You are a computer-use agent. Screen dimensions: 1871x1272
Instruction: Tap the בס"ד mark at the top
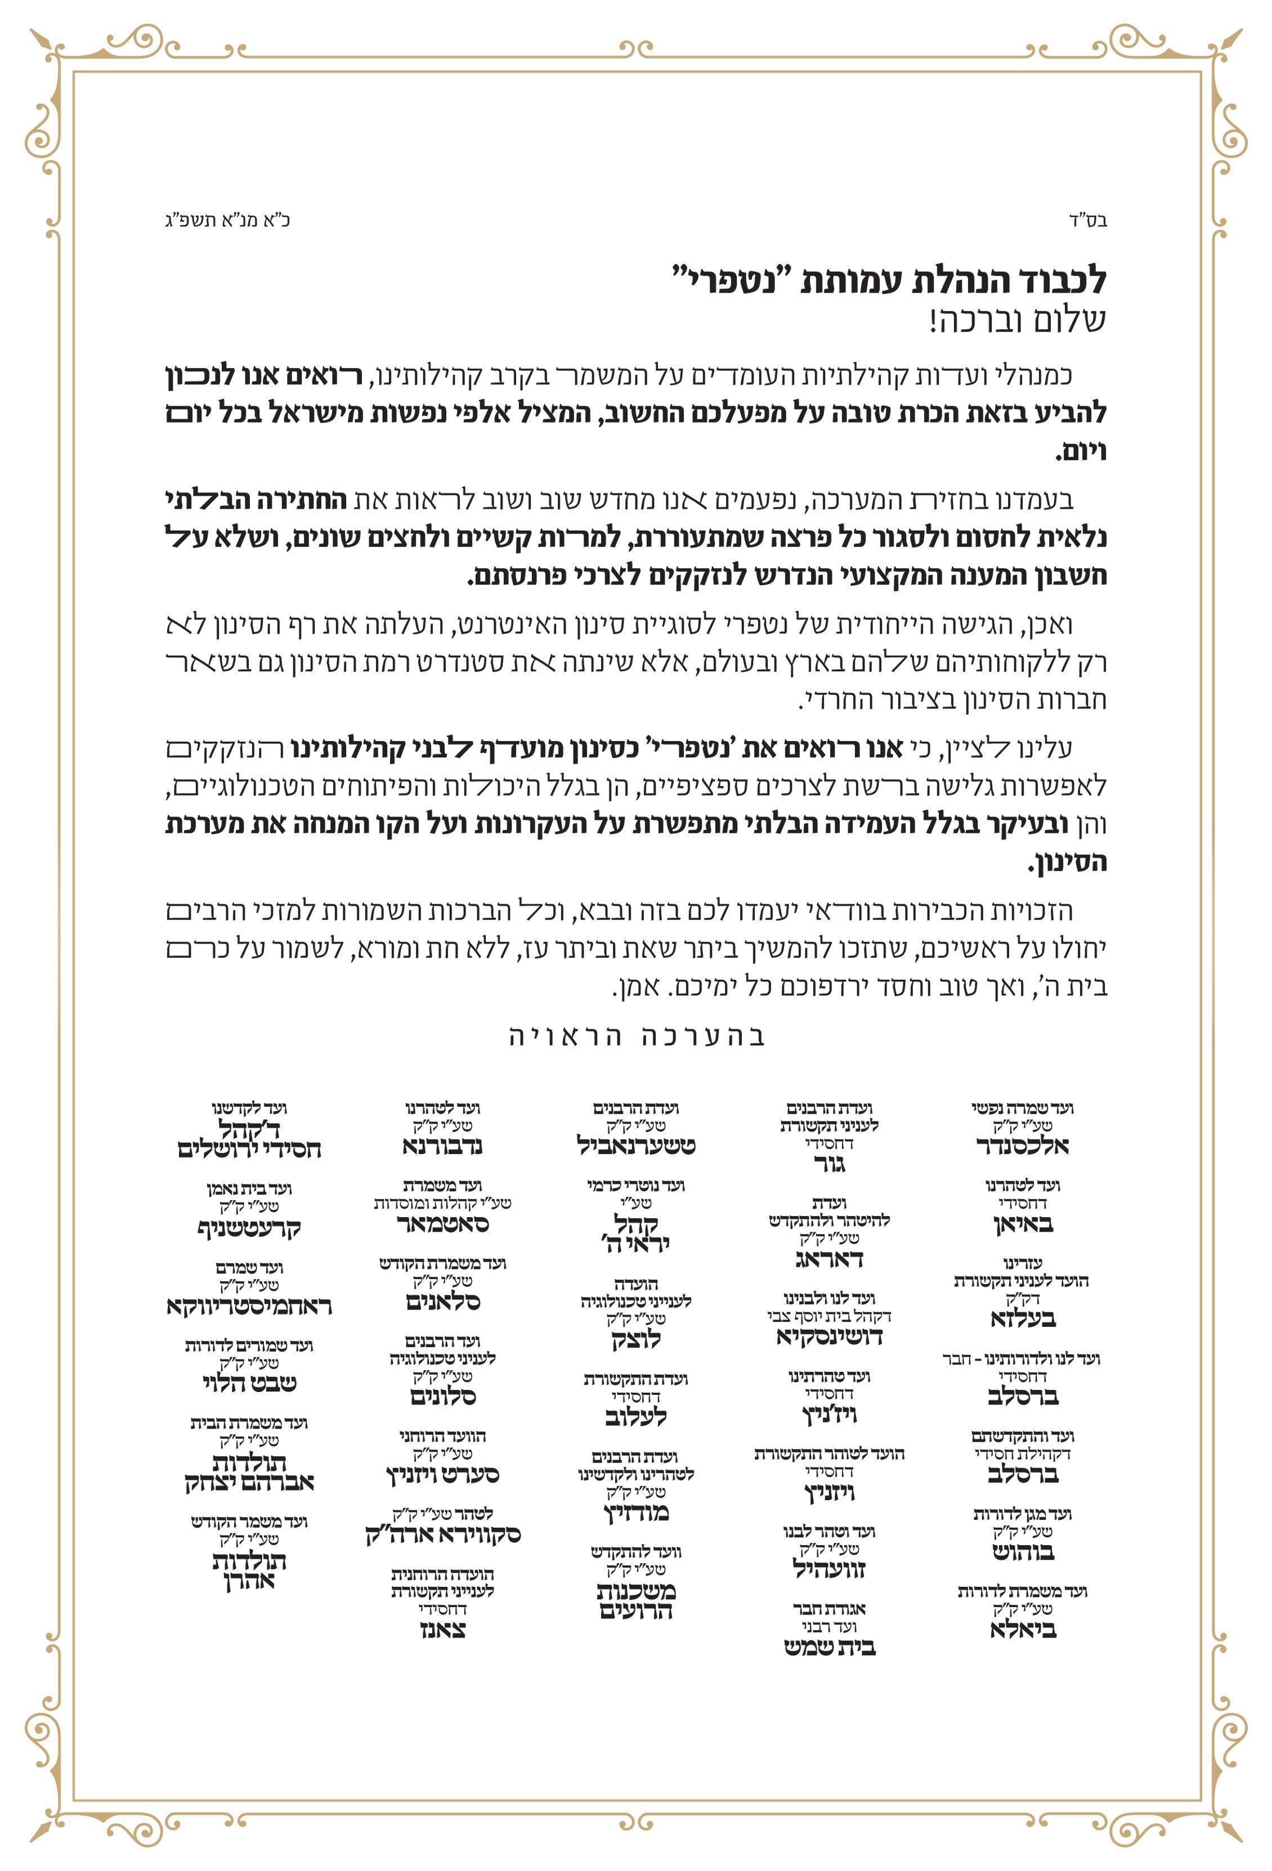1087,221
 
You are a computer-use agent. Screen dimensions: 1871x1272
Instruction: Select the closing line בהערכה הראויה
636,1035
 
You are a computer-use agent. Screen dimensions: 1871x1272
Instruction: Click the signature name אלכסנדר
1022,1146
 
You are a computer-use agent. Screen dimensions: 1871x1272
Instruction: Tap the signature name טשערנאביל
636,1146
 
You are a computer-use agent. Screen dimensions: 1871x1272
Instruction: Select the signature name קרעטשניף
249,1228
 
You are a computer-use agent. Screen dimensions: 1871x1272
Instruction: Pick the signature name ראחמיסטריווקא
249,1306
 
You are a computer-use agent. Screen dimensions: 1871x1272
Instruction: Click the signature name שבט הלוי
249,1384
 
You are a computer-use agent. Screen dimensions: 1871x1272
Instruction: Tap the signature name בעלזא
1022,1319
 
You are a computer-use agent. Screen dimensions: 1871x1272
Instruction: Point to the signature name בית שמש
829,1647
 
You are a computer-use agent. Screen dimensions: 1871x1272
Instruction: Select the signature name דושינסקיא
829,1337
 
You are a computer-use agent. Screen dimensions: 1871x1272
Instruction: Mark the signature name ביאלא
1022,1630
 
